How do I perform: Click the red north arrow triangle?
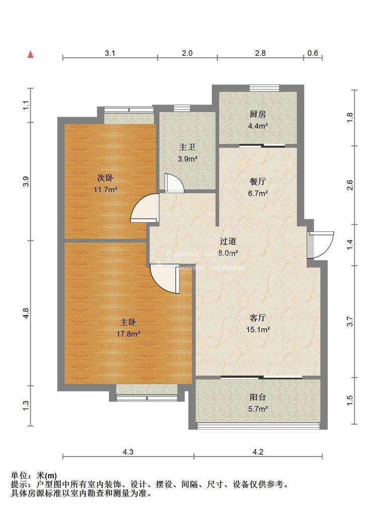[x=31, y=54]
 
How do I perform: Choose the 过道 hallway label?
[x=228, y=241]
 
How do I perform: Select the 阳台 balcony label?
[x=258, y=397]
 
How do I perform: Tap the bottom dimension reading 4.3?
[x=128, y=452]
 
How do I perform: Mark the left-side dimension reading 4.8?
[x=26, y=313]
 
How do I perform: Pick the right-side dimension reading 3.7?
[x=351, y=321]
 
